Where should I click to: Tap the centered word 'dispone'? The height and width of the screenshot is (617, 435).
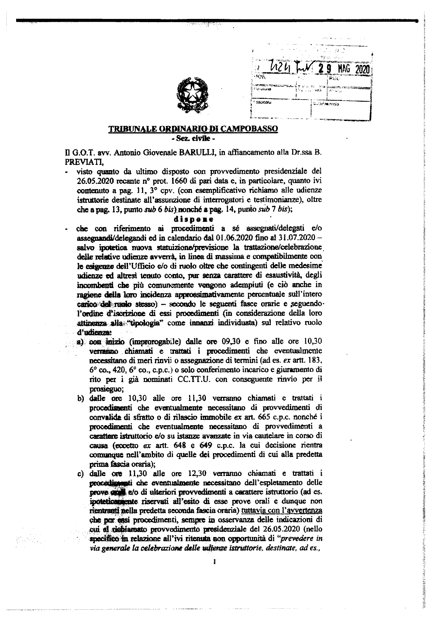(193, 220)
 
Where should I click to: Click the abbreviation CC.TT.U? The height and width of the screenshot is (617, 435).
(204, 379)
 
